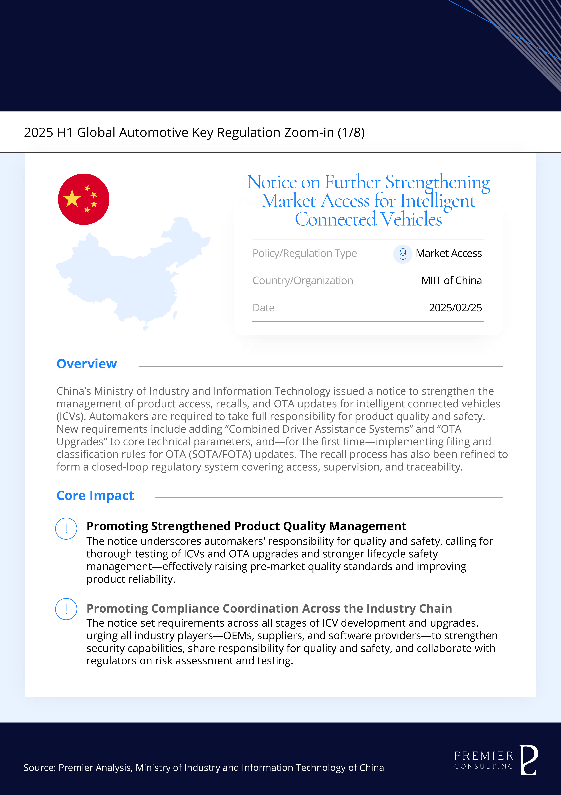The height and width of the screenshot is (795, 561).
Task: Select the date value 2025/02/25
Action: pyautogui.click(x=455, y=308)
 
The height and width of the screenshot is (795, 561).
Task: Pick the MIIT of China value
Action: pyautogui.click(x=451, y=280)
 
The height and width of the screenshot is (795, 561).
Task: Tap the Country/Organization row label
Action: pyautogui.click(x=303, y=280)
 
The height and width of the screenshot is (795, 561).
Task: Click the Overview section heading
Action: pyautogui.click(x=87, y=364)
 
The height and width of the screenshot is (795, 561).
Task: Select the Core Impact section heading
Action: pyautogui.click(x=95, y=495)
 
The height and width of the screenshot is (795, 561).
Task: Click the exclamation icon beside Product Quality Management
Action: pyautogui.click(x=66, y=528)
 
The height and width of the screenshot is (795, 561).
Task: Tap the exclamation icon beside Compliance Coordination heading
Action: pyautogui.click(x=66, y=609)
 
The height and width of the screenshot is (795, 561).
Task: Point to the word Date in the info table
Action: pyautogui.click(x=264, y=308)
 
